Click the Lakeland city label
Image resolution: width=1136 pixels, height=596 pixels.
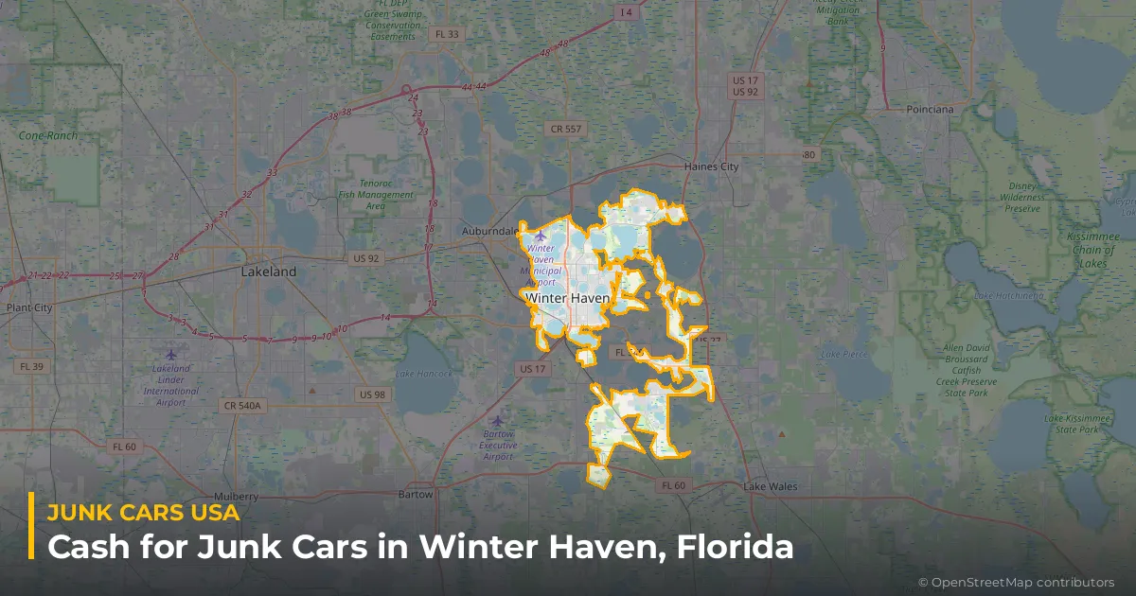point(269,272)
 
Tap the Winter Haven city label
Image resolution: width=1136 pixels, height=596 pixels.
point(567,298)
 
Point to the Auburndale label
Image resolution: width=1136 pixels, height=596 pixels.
point(489,231)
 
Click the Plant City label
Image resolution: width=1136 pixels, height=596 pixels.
point(28,307)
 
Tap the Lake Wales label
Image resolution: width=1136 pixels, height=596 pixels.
point(770,487)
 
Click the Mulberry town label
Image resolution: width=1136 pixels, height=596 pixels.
point(236,496)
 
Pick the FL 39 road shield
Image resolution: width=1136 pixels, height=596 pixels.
point(31,366)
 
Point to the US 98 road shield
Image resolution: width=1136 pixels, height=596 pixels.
point(372,394)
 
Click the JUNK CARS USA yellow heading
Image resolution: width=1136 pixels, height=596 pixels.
point(143,512)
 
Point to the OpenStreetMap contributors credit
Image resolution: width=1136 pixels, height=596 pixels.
point(1016,582)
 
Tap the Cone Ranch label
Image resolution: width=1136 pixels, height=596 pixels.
point(48,135)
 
